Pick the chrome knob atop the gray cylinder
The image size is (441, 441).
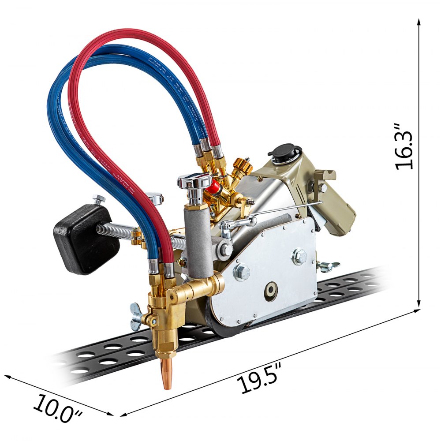194,181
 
